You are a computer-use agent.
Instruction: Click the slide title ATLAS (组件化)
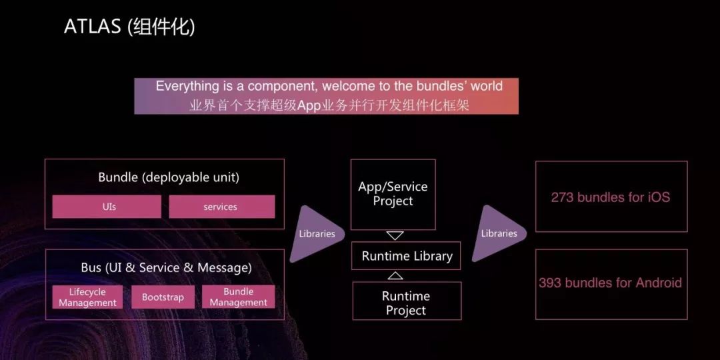tap(129, 27)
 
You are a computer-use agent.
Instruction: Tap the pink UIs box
tap(107, 207)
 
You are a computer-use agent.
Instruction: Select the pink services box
tap(221, 207)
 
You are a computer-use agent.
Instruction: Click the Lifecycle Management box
tap(87, 297)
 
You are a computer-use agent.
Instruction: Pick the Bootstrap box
tap(163, 297)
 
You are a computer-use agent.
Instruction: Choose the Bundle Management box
tap(238, 297)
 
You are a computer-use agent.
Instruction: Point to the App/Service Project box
tap(393, 194)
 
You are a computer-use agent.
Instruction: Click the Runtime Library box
tap(406, 256)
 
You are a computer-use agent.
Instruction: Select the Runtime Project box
tap(406, 303)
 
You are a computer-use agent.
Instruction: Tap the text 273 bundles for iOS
tap(610, 197)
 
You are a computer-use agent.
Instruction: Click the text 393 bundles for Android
tap(610, 283)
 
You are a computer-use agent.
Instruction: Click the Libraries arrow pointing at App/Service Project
tap(317, 234)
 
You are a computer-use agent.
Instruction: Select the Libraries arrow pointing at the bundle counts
tap(499, 234)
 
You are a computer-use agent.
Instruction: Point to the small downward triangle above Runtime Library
tap(395, 235)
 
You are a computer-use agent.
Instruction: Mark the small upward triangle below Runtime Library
tap(395, 275)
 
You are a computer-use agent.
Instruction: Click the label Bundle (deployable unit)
tap(168, 177)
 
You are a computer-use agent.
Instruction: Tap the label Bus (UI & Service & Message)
tap(166, 268)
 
